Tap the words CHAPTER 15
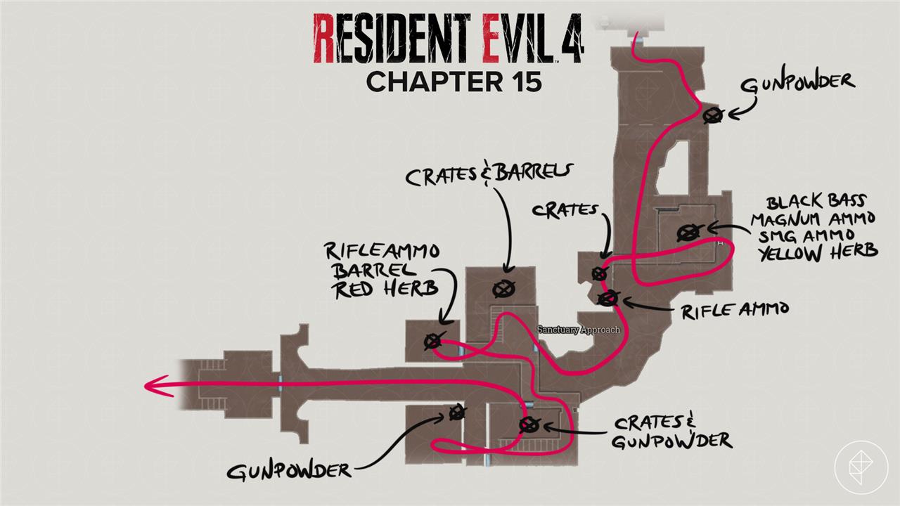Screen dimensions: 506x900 (x=454, y=82)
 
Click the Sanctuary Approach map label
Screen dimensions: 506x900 (x=579, y=330)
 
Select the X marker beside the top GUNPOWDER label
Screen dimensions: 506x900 (x=714, y=116)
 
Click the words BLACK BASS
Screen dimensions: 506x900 (x=816, y=202)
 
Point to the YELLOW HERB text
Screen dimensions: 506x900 (x=818, y=252)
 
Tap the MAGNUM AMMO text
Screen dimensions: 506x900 (x=813, y=219)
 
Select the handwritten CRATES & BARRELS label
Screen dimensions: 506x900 (x=490, y=174)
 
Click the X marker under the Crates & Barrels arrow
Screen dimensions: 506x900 (x=503, y=287)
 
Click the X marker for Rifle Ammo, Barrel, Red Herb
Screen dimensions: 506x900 (x=432, y=342)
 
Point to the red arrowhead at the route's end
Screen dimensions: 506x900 (x=151, y=385)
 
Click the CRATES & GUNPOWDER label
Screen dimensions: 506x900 (x=671, y=432)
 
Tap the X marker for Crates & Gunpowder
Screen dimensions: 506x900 (x=528, y=424)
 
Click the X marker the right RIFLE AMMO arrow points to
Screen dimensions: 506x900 (x=607, y=299)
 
